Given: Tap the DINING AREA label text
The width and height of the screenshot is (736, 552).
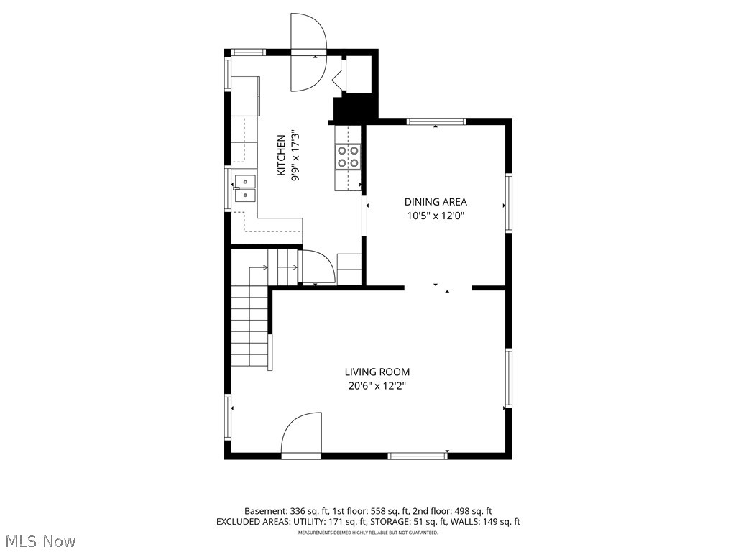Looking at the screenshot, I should tap(436, 202).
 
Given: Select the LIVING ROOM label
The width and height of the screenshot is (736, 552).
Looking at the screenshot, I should tap(377, 372).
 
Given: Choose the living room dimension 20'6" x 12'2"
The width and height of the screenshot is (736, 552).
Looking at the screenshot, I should tap(377, 385).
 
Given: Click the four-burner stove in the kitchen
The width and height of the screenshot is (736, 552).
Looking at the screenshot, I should tap(349, 157).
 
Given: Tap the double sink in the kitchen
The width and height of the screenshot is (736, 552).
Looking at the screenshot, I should tap(245, 188).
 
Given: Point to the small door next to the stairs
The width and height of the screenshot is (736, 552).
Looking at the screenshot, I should tap(316, 267).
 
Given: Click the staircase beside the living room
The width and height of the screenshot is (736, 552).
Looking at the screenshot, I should tap(250, 323).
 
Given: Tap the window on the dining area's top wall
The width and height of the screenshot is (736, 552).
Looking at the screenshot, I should tap(436, 121).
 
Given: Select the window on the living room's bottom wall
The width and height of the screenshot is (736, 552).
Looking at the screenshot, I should tap(418, 455).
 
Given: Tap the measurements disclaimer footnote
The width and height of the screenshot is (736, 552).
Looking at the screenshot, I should tap(368, 533).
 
